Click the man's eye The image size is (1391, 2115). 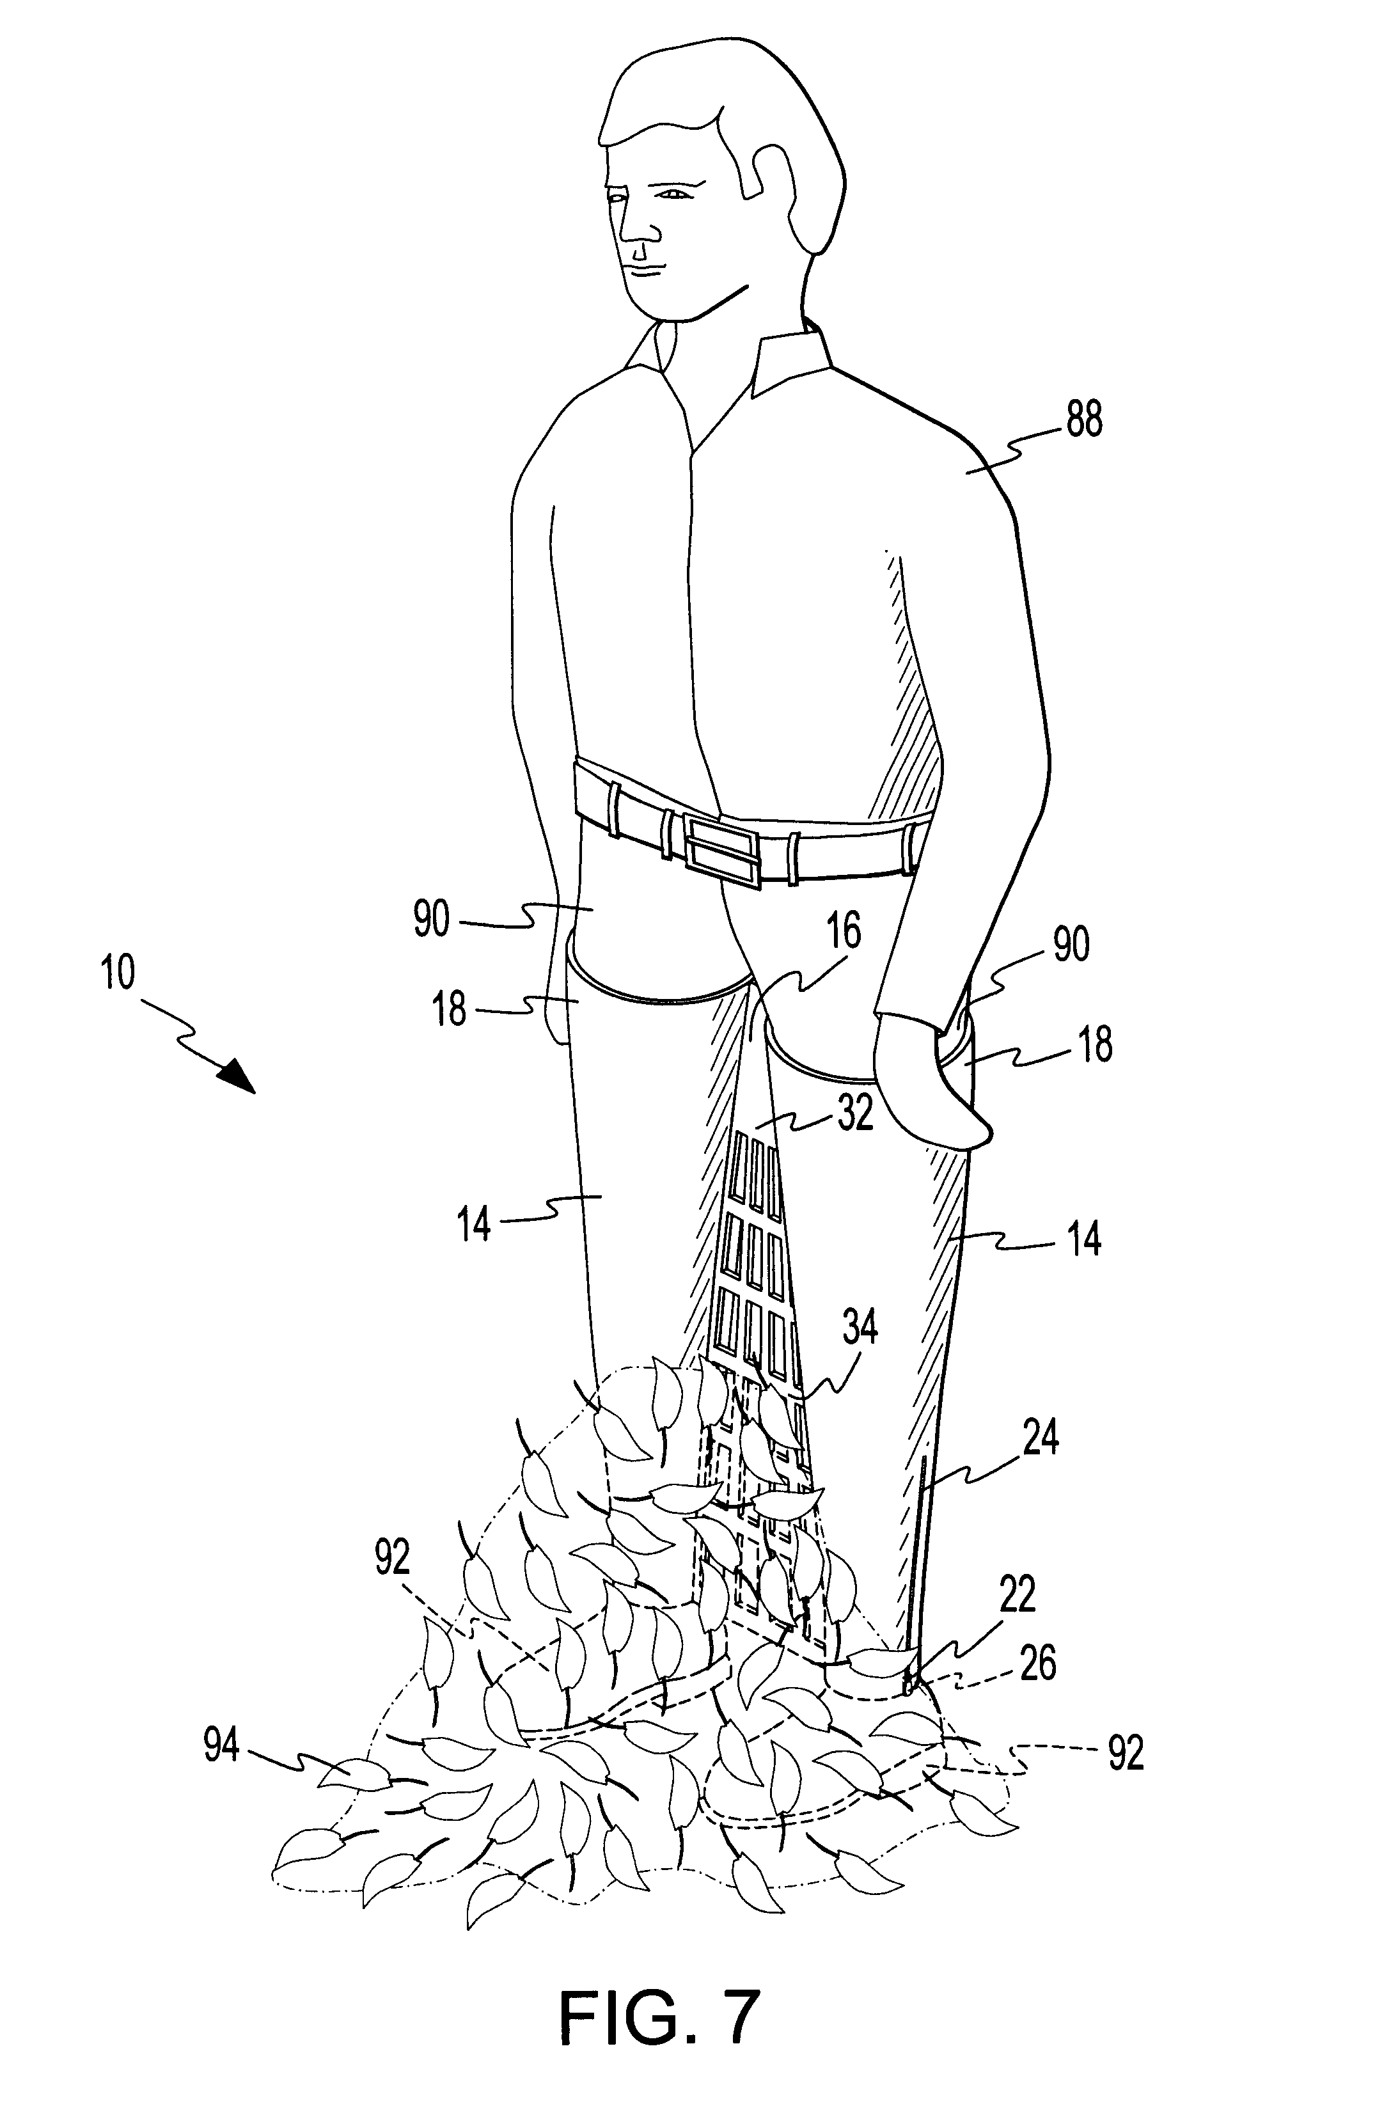pos(673,194)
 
